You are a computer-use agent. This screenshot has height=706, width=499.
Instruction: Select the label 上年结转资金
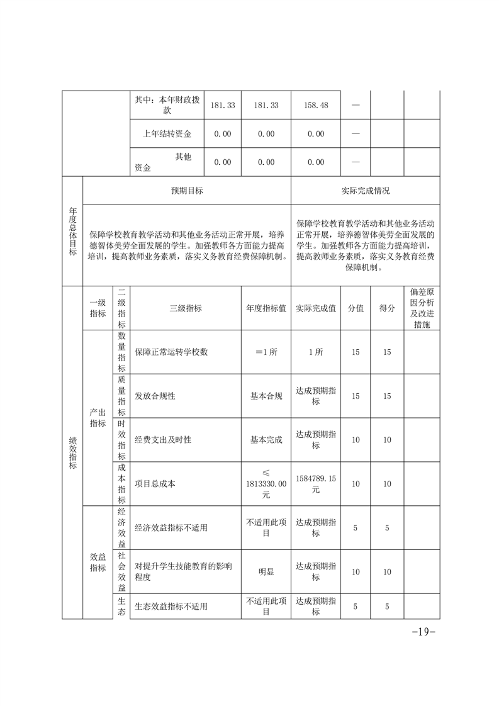pyautogui.click(x=167, y=133)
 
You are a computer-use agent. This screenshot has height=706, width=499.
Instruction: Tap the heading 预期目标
pyautogui.click(x=187, y=191)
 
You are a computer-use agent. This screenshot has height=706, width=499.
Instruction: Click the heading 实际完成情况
pyautogui.click(x=365, y=191)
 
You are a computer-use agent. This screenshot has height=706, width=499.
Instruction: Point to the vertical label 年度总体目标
pyautogui.click(x=72, y=232)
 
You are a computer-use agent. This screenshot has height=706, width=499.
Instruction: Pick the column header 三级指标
pyautogui.click(x=186, y=308)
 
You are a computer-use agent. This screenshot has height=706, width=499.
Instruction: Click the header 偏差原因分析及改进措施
pyautogui.click(x=422, y=308)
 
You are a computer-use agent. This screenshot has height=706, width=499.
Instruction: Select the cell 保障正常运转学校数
pyautogui.click(x=171, y=352)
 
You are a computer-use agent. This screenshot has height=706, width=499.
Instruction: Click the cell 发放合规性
pyautogui.click(x=155, y=396)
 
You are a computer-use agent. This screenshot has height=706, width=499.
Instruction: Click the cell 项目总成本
pyautogui.click(x=155, y=484)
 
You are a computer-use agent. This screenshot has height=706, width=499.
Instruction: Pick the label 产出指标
pyautogui.click(x=98, y=418)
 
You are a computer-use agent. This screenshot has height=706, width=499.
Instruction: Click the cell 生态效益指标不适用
pyautogui.click(x=171, y=607)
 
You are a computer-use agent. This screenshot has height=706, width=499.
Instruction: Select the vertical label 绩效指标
pyautogui.click(x=72, y=453)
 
